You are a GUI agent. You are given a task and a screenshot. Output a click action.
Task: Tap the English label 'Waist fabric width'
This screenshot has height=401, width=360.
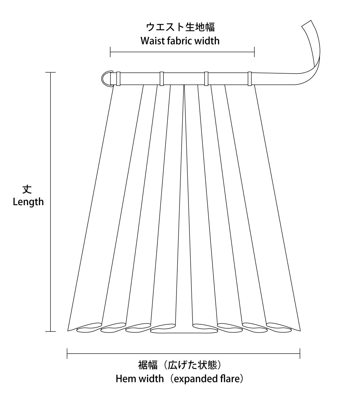point(180,41)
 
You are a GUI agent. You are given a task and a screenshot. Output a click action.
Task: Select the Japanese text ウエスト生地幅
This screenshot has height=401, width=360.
point(181,27)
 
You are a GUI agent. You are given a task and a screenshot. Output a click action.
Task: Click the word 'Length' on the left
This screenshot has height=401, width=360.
point(28,202)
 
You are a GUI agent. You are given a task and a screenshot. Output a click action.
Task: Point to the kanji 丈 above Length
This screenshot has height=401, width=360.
point(27,189)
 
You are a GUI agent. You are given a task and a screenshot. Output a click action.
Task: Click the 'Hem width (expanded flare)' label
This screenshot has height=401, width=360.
point(179,379)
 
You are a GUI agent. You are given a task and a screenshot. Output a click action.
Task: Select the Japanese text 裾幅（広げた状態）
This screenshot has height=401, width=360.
point(179,365)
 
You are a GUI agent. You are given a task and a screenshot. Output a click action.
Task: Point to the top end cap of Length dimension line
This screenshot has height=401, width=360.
point(50,72)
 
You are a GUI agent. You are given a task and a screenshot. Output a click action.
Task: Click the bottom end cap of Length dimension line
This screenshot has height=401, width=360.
point(50,331)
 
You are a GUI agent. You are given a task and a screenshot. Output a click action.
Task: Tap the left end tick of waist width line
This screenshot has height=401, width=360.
point(110,52)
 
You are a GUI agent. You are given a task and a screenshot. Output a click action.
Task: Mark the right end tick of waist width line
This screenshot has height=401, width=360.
point(254,52)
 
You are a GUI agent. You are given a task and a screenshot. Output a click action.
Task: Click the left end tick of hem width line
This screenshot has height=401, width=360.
point(67,353)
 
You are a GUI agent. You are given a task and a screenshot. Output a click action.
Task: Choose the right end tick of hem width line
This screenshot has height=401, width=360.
point(300,353)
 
